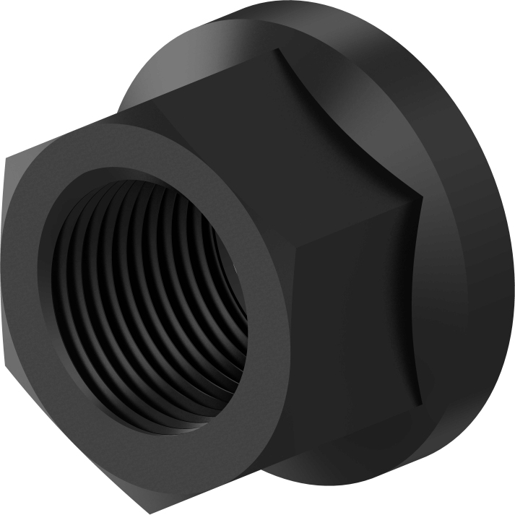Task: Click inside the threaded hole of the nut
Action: [152, 289]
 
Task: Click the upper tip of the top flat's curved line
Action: [277, 49]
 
